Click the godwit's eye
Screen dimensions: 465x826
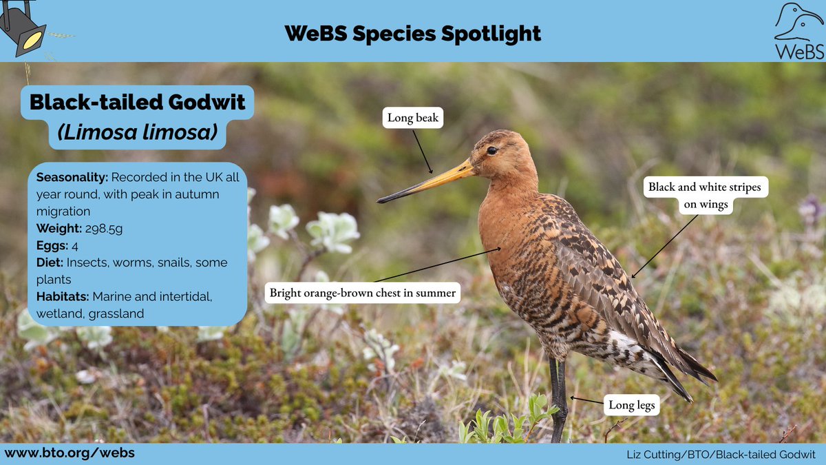point(491,150)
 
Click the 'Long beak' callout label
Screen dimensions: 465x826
point(412,118)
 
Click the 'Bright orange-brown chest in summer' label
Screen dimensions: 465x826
point(362,293)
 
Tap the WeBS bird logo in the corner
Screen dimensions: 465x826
point(798,31)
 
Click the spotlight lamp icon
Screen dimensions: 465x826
point(23,28)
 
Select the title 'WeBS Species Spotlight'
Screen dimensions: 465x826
point(413,32)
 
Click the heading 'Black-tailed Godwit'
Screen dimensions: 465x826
point(138,103)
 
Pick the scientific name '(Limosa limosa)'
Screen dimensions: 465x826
point(138,133)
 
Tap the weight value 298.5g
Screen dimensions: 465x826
point(103,228)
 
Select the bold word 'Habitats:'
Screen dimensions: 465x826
point(63,297)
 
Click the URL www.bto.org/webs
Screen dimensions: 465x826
point(70,453)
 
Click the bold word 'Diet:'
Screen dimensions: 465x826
point(51,262)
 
